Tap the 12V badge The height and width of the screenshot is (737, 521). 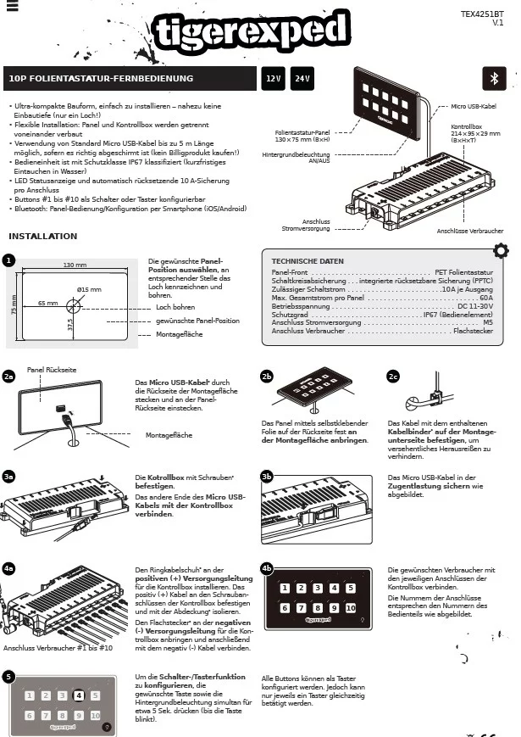click(x=273, y=78)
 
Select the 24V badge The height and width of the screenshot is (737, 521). click(x=301, y=78)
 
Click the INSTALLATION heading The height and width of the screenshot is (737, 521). click(x=42, y=236)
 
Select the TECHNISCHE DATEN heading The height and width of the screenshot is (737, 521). click(x=307, y=261)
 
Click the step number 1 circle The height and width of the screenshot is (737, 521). click(x=8, y=260)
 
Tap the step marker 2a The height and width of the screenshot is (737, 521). click(x=9, y=376)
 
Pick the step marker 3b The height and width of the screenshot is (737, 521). click(x=267, y=477)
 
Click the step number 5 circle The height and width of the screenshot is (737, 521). click(x=8, y=677)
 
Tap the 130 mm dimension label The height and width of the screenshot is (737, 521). click(x=75, y=265)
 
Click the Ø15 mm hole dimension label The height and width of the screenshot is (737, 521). click(x=89, y=290)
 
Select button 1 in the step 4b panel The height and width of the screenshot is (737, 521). click(x=285, y=589)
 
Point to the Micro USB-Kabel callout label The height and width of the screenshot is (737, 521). click(x=474, y=107)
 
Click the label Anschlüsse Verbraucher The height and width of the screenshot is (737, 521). click(x=470, y=231)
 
